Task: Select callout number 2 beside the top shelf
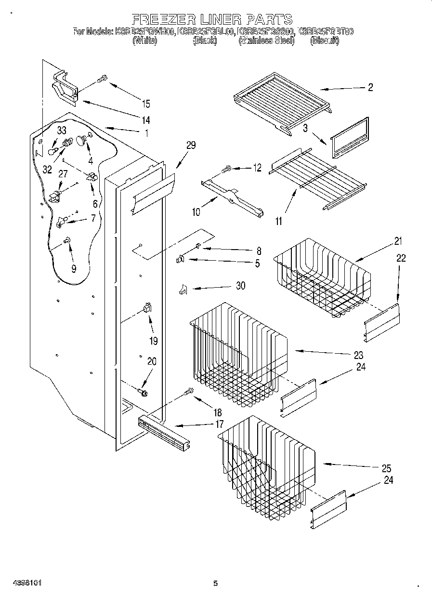point(370,88)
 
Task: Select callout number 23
point(358,356)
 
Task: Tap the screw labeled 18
point(188,394)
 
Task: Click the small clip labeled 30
point(183,289)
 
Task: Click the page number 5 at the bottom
point(215,584)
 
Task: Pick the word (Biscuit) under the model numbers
point(325,41)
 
